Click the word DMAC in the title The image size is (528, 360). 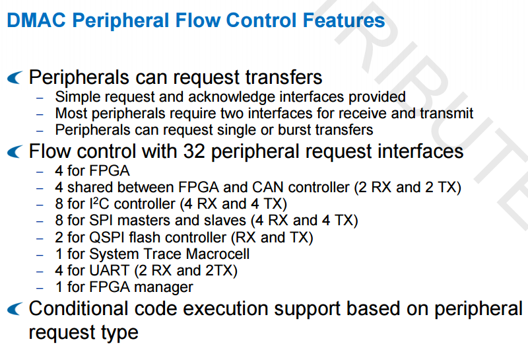click(36, 20)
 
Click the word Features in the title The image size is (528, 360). click(343, 20)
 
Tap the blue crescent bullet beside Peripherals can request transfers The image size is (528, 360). click(15, 77)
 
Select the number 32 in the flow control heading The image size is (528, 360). click(194, 151)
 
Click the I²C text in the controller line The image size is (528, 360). click(100, 203)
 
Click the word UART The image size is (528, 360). click(109, 270)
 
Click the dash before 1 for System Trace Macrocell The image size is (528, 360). click(40, 255)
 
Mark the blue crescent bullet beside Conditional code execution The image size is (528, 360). click(15, 308)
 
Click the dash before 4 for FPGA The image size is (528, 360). click(40, 172)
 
